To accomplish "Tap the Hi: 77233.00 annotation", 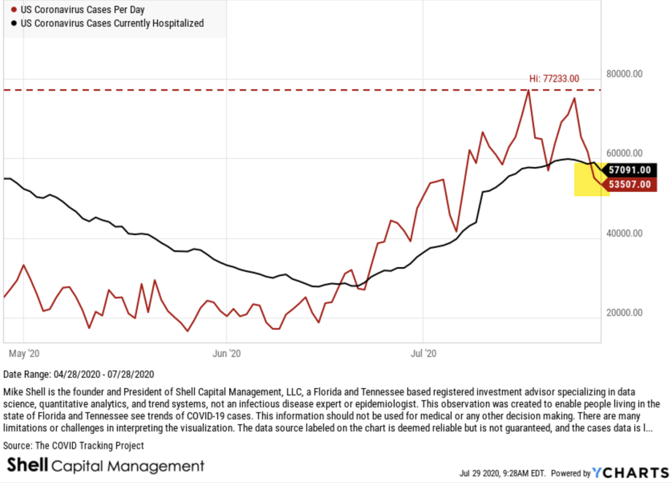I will [x=555, y=78].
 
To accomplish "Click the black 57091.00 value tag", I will [x=629, y=169].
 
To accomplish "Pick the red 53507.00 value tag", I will [x=629, y=184].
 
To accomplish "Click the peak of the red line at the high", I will [x=528, y=90].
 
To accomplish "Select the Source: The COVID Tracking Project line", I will [x=74, y=445].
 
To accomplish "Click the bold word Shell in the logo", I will [x=27, y=465].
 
